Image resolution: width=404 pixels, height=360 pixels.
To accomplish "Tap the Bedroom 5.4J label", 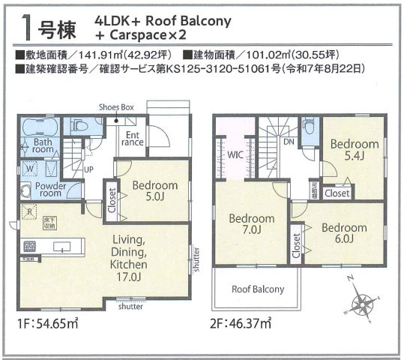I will [354, 150].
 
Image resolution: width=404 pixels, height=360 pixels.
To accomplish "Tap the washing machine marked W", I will [28, 169].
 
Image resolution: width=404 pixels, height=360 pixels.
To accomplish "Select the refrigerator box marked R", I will [29, 212].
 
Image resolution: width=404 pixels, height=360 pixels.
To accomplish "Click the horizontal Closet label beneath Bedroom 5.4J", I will [337, 193].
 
